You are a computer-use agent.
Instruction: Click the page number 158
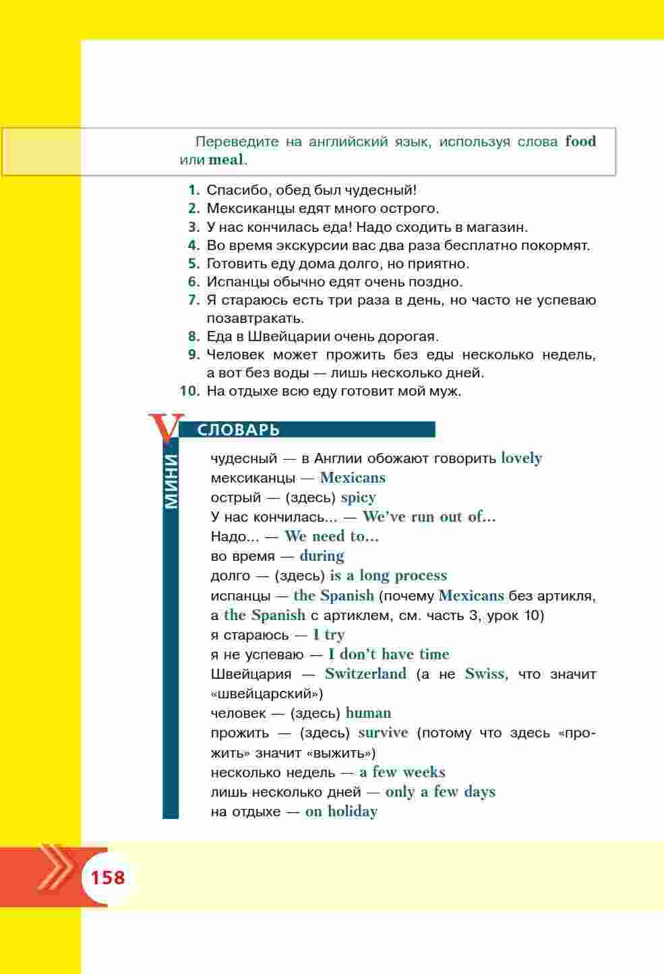click(108, 878)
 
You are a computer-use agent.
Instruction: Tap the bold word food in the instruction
click(580, 142)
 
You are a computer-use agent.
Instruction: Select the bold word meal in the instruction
click(226, 160)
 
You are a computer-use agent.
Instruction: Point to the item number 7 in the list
click(194, 300)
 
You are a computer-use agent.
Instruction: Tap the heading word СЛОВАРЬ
click(238, 430)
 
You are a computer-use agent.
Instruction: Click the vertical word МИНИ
click(171, 482)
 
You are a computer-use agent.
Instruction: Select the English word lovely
click(521, 458)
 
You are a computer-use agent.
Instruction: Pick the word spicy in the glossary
click(358, 497)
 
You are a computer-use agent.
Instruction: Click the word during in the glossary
click(322, 556)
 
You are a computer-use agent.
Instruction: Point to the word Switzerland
click(365, 673)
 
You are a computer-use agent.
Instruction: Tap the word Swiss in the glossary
click(485, 673)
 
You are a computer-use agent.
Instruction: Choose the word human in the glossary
click(368, 712)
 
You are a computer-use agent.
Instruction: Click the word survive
click(383, 733)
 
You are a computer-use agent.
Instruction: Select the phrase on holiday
click(340, 812)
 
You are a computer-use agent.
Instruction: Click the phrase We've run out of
click(429, 517)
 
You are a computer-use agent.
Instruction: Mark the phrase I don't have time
click(388, 654)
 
